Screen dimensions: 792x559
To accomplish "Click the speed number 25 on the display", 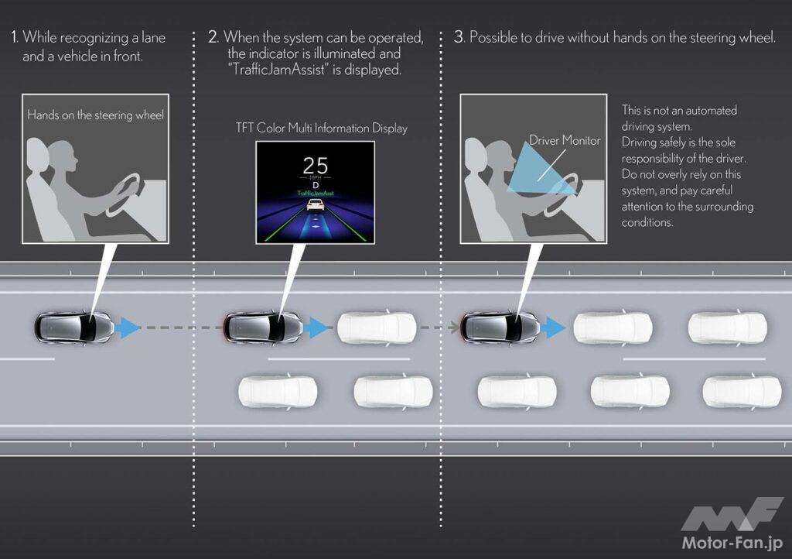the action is [x=316, y=165].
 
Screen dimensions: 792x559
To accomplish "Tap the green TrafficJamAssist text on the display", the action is [x=316, y=193].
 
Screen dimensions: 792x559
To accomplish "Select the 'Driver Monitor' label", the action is [x=565, y=140].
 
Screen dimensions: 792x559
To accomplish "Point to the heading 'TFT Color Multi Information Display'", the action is [x=321, y=128].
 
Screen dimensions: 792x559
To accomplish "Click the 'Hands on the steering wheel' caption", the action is [x=95, y=115].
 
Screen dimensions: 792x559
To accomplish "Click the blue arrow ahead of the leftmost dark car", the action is [x=127, y=328].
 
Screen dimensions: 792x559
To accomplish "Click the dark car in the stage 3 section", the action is [x=500, y=327].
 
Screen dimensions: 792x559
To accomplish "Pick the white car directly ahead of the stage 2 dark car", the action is [x=377, y=328].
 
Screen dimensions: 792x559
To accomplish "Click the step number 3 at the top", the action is [x=459, y=36].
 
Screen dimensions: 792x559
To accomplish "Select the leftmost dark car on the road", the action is [x=73, y=327].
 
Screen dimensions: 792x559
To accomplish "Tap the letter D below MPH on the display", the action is [x=316, y=185].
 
